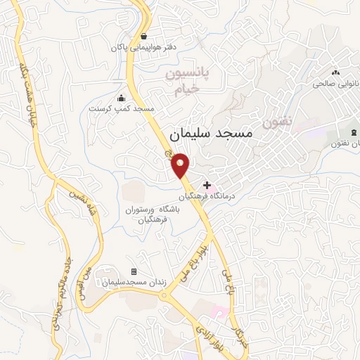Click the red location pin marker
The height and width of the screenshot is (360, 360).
pyautogui.click(x=181, y=165)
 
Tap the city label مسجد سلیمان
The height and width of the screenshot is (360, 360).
pyautogui.click(x=211, y=133)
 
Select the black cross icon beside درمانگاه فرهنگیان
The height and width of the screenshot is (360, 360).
pyautogui.click(x=206, y=184)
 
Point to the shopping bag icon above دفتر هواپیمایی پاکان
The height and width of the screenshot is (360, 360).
pyautogui.click(x=143, y=36)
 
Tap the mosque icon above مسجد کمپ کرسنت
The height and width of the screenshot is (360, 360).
pyautogui.click(x=121, y=98)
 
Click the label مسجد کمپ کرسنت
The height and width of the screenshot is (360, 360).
pyautogui.click(x=121, y=110)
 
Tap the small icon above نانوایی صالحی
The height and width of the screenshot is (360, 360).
pyautogui.click(x=335, y=71)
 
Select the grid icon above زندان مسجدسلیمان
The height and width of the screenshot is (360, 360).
pyautogui.click(x=134, y=271)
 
